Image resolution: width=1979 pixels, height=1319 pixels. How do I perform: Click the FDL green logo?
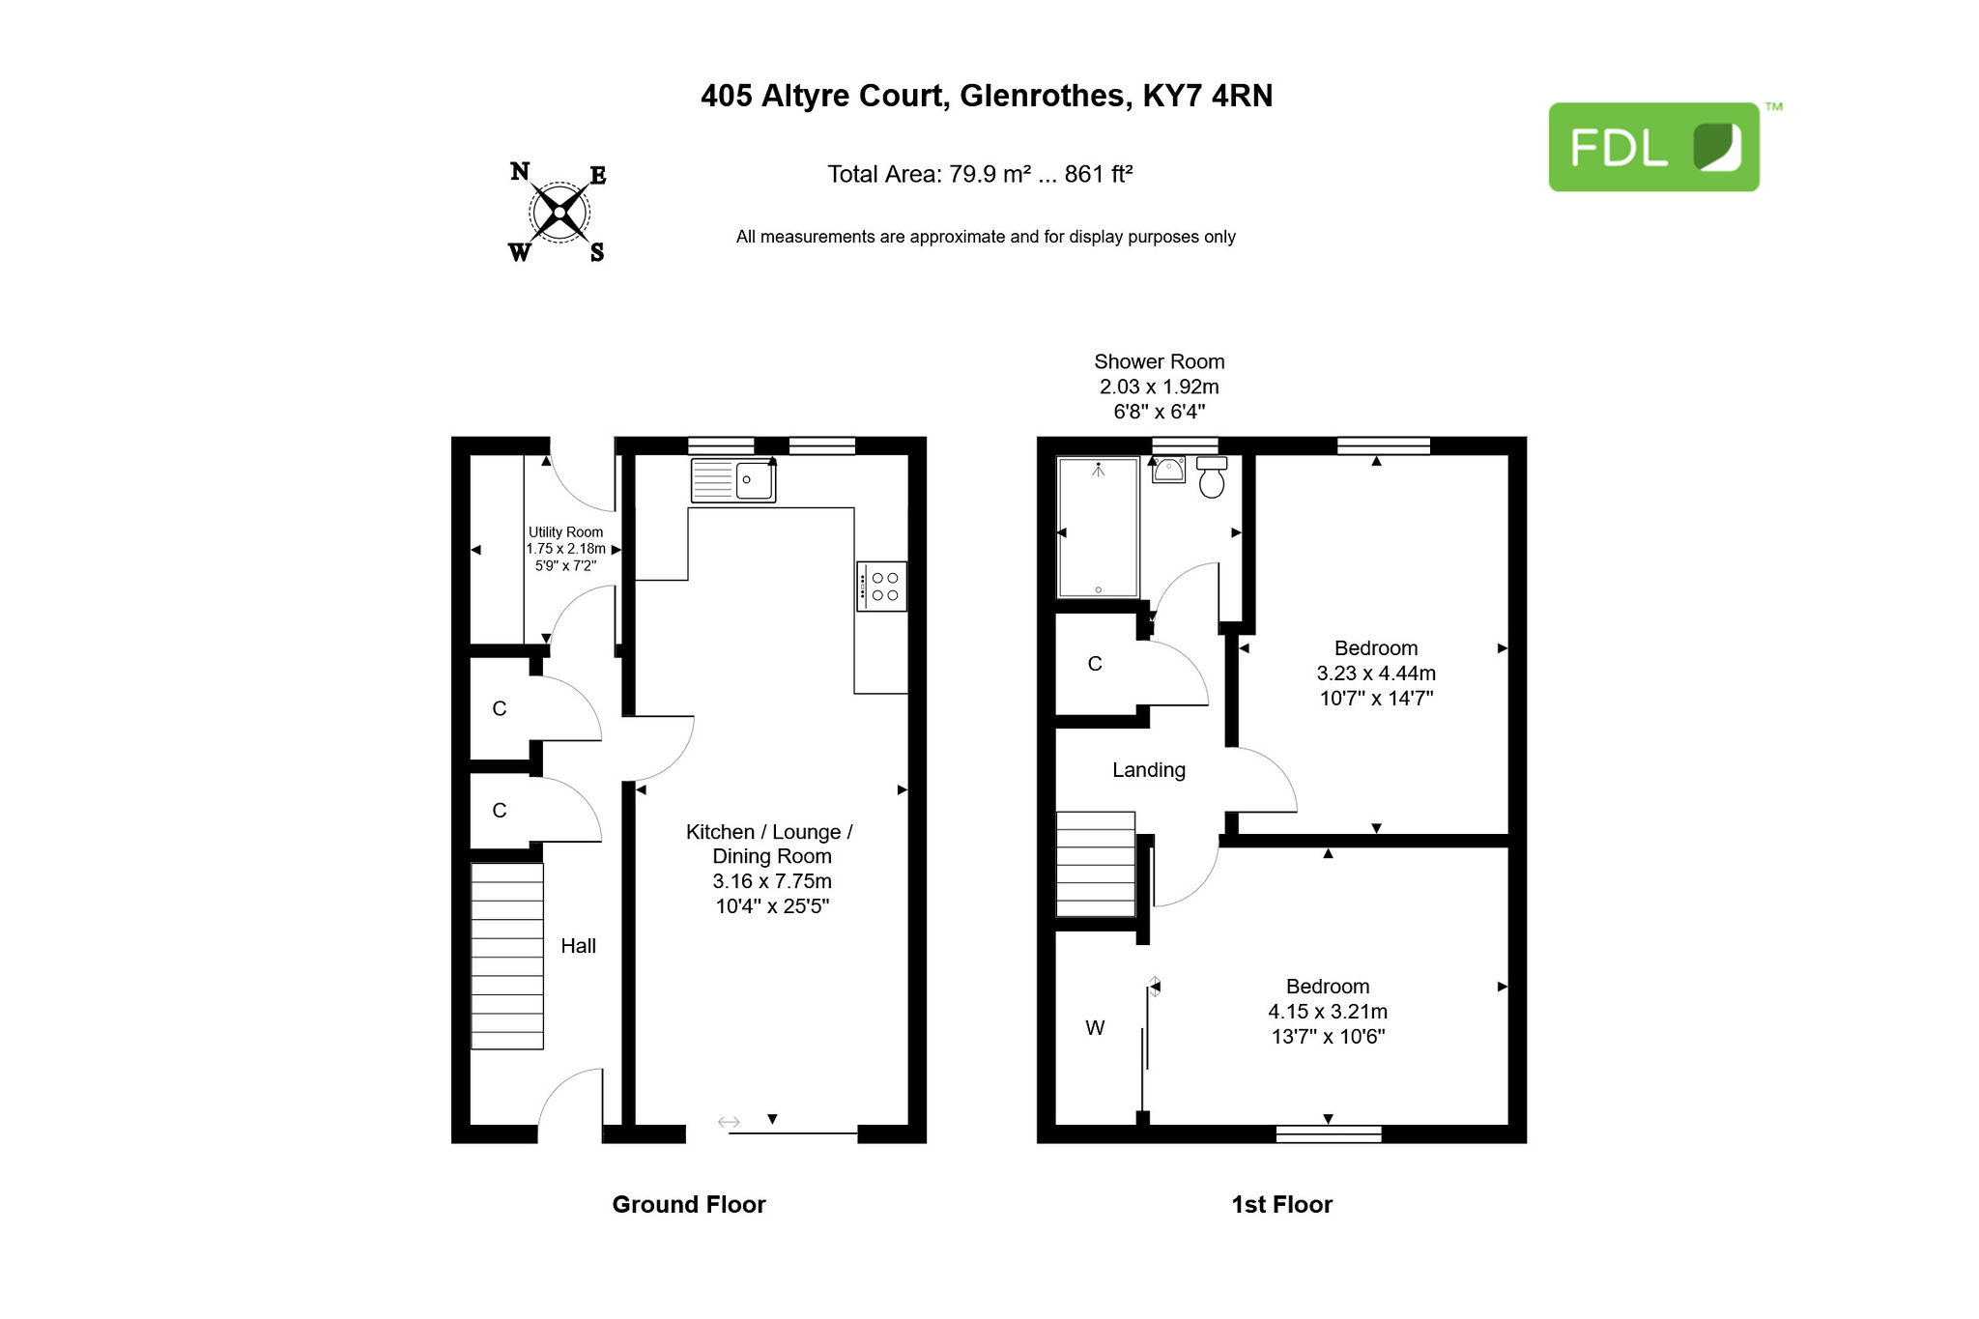[1653, 147]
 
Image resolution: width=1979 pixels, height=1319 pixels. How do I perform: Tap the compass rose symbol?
[559, 212]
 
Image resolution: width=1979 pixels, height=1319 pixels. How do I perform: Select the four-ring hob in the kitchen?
[881, 586]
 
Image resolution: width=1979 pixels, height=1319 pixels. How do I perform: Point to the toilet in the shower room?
[1212, 477]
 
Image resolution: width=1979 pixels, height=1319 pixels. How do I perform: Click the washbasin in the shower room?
[1169, 470]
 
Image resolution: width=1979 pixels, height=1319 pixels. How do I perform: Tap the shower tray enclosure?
[1098, 528]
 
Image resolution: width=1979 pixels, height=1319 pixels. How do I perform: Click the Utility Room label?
[565, 532]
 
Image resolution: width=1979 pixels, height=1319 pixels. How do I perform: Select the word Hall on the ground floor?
[578, 946]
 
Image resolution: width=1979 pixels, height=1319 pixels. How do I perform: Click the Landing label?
[1149, 770]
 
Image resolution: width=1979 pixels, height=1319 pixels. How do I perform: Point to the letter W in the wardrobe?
[1095, 1028]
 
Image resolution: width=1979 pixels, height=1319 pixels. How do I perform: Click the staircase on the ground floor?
[507, 956]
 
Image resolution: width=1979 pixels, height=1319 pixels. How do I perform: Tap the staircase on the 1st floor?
[1096, 864]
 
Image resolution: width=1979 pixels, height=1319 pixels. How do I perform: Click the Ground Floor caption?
[689, 1204]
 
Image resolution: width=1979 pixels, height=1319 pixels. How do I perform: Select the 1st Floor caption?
[1281, 1204]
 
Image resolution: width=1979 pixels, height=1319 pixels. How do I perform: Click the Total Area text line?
[980, 174]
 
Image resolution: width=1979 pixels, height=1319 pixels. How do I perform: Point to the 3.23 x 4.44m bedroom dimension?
[1376, 674]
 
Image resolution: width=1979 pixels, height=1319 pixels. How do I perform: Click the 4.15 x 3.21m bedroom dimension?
[1328, 1012]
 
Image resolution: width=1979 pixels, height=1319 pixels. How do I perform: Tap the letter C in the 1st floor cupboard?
[1095, 664]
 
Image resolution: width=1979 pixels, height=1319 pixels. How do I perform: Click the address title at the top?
[987, 96]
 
